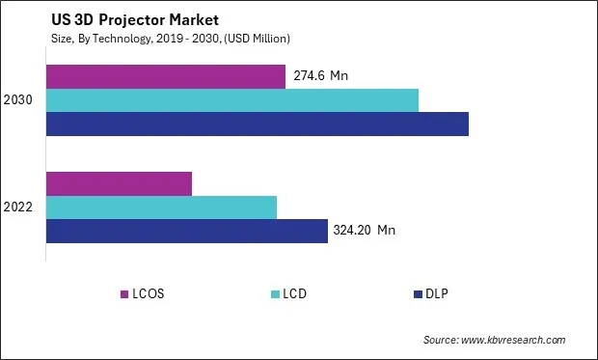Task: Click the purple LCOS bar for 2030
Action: click(166, 76)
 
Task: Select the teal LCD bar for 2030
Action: click(232, 100)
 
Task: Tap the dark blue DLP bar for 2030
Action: click(258, 124)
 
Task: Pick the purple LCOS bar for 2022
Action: click(119, 183)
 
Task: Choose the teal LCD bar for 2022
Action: click(161, 207)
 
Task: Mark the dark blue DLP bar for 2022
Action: click(187, 231)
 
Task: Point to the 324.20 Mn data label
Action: click(365, 230)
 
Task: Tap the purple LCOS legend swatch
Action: click(123, 293)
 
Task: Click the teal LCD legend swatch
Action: click(276, 293)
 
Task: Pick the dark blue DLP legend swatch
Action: click(418, 293)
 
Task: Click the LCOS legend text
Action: click(149, 293)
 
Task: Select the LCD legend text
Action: click(297, 293)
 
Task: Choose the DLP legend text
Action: click(439, 293)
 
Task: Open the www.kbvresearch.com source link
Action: click(513, 340)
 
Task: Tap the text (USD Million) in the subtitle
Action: click(258, 38)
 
